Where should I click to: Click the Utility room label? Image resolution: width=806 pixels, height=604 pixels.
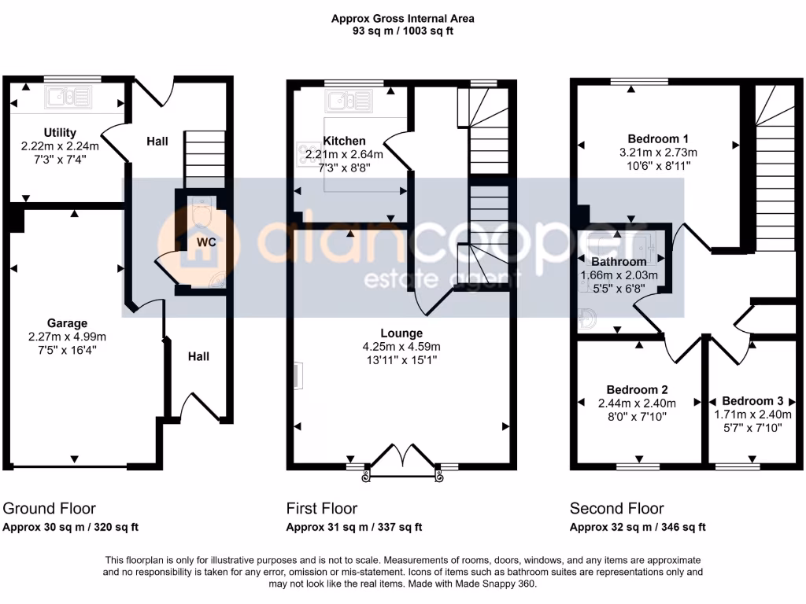[60, 132]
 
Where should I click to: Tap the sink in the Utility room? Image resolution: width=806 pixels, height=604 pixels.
[68, 98]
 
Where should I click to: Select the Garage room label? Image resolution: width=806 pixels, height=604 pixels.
[66, 323]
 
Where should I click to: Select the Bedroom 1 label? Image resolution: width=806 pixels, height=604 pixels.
[660, 138]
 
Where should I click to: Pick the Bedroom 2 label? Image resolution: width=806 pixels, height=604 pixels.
[638, 389]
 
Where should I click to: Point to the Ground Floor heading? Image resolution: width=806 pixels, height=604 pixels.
[49, 509]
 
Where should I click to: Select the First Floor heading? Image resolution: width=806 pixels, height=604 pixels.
[321, 509]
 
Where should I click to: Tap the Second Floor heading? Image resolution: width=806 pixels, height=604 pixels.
[616, 509]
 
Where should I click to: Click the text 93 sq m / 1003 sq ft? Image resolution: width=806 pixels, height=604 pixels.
[402, 31]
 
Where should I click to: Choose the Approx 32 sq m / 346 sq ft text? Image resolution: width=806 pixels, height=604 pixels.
[638, 528]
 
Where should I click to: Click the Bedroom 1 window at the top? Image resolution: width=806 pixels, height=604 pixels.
[638, 81]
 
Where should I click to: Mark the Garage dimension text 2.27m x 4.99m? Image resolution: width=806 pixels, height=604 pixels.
[66, 337]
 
